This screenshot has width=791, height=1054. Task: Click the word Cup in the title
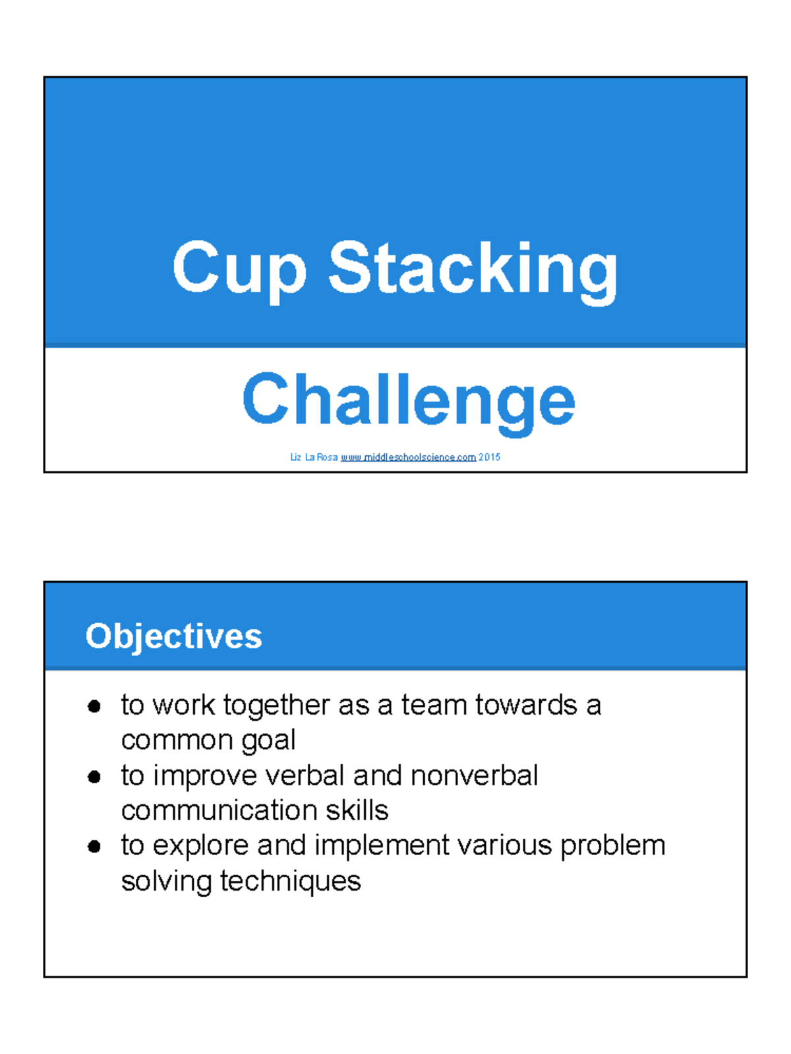point(239,269)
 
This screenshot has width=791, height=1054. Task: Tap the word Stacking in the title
point(473,269)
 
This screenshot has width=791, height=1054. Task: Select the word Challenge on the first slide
point(408,400)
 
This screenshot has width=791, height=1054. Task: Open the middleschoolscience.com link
point(408,457)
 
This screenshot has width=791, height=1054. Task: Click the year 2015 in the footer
point(489,457)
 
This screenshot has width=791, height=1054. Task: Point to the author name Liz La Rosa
point(314,457)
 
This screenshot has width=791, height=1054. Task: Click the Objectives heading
point(173,636)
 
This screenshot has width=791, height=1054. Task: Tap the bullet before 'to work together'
point(94,707)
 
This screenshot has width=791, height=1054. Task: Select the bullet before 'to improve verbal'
point(94,777)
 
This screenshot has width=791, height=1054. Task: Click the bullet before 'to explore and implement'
point(94,846)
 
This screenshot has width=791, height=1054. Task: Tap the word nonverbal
point(474,776)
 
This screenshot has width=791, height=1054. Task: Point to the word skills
point(357,811)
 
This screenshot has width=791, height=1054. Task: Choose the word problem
point(612,846)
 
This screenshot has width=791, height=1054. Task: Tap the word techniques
point(290,881)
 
